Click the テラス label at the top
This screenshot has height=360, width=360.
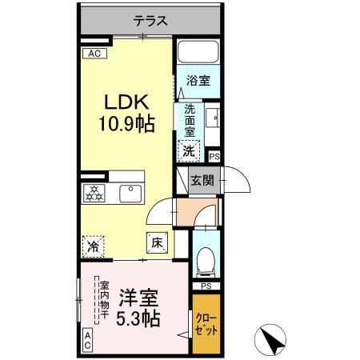pyautogui.click(x=150, y=22)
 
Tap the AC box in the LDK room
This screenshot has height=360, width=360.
pyautogui.click(x=94, y=54)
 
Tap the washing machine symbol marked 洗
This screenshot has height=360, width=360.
pyautogui.click(x=190, y=149)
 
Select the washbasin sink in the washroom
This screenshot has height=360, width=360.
pyautogui.click(x=212, y=120)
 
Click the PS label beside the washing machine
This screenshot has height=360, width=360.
pyautogui.click(x=214, y=158)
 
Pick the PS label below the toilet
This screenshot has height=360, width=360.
pyautogui.click(x=206, y=286)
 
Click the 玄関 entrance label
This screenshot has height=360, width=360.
pyautogui.click(x=202, y=181)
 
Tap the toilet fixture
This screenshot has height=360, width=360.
pyautogui.click(x=206, y=258)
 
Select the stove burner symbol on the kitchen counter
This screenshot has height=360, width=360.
pyautogui.click(x=94, y=192)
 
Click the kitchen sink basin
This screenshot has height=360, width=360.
pyautogui.click(x=130, y=193)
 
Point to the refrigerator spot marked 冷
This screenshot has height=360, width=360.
pyautogui.click(x=94, y=246)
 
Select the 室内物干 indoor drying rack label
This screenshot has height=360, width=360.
pyautogui.click(x=103, y=299)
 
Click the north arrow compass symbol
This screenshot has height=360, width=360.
pyautogui.click(x=274, y=340)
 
